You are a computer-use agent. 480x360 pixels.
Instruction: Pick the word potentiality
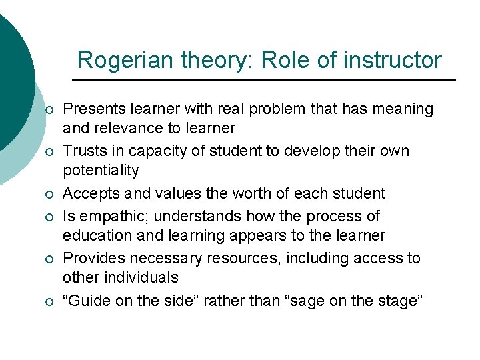101,170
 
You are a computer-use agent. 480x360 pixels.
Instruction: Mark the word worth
232,194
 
